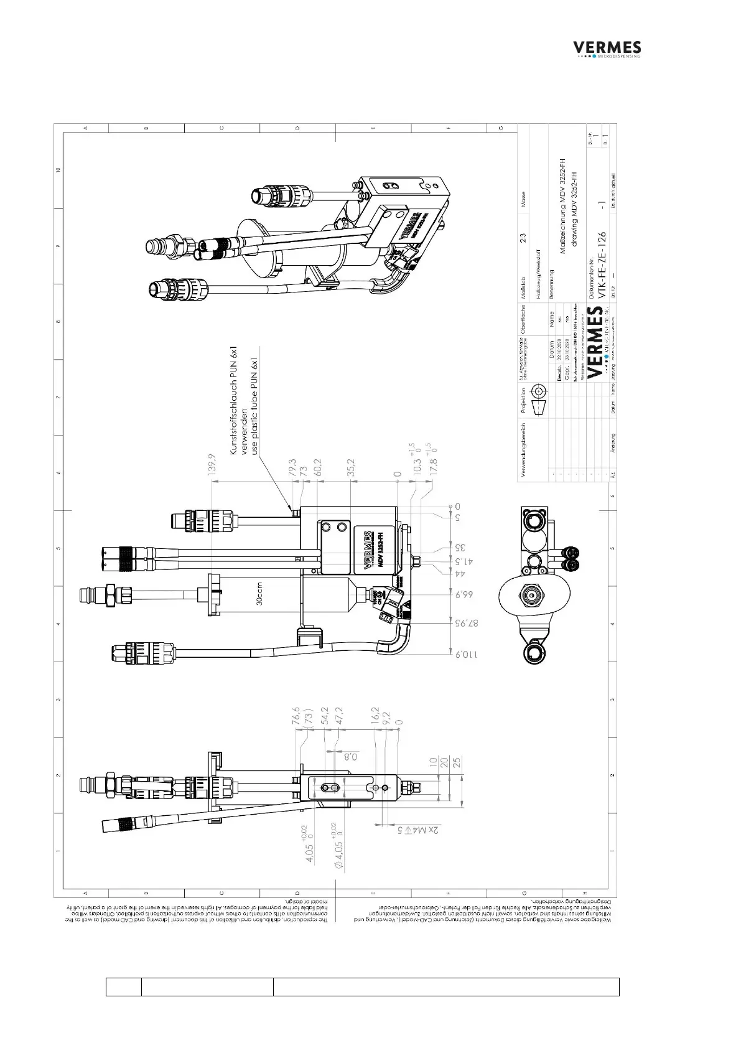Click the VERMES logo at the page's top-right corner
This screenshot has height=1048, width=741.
pos(607,49)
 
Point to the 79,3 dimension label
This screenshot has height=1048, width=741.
pos(292,468)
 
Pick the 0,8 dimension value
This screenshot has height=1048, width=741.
pos(350,757)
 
